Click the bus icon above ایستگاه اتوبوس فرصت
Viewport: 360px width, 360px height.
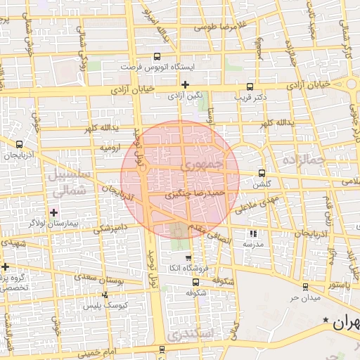[x=157, y=57]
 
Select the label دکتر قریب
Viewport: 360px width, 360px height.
[x=251, y=96]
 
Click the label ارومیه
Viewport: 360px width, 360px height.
[x=113, y=149]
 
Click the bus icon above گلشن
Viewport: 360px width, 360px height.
[x=262, y=172]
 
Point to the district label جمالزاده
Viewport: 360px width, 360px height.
[x=304, y=161]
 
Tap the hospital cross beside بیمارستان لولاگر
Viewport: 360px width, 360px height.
[x=53, y=212]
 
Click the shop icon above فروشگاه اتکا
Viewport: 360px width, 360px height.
[x=187, y=259]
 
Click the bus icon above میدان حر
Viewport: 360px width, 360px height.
[x=304, y=286]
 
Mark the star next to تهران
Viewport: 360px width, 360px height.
[x=326, y=321]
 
